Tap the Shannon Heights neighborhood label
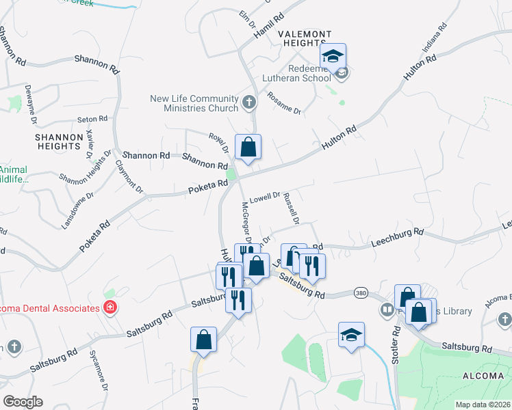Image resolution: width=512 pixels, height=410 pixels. [59, 141]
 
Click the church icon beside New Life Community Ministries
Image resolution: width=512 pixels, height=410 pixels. [248, 104]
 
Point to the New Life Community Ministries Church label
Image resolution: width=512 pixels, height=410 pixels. [194, 103]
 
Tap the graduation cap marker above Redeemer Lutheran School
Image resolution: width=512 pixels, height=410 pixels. [333, 57]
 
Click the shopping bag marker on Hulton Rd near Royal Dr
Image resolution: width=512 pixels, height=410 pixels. [248, 148]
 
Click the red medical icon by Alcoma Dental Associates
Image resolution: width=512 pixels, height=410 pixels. [110, 308]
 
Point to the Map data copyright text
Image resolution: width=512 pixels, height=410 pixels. [483, 405]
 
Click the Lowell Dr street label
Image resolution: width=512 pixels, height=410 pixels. [265, 197]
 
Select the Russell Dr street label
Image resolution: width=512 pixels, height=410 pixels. [292, 208]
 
